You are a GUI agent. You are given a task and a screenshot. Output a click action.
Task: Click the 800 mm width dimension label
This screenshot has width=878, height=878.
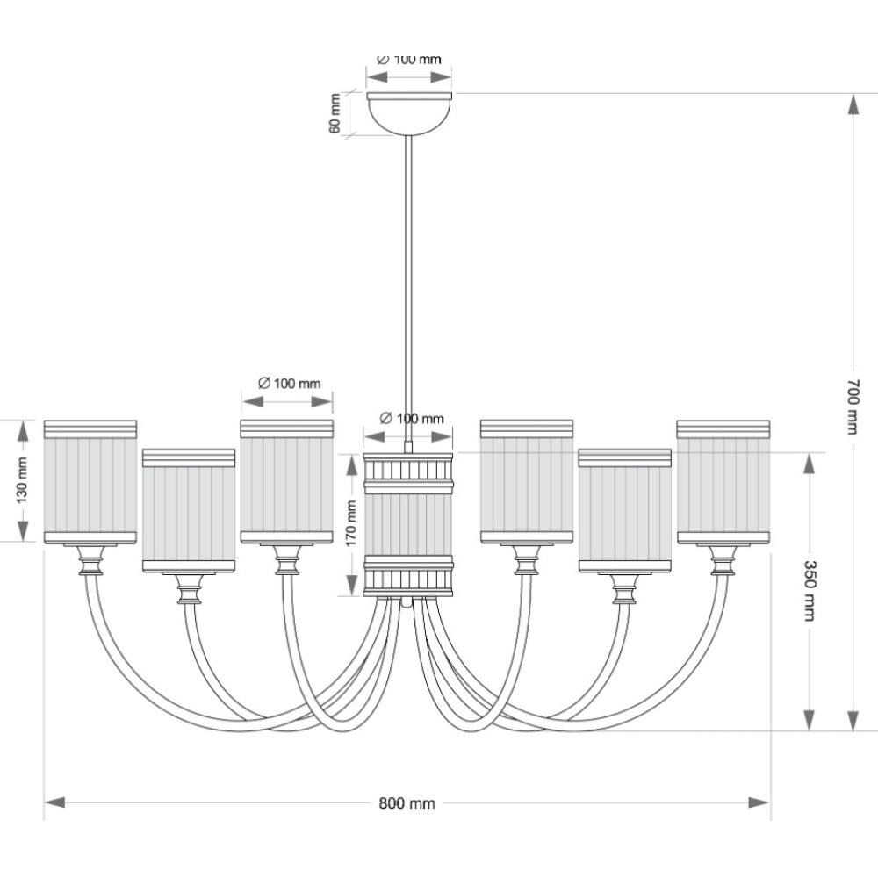tap(407, 802)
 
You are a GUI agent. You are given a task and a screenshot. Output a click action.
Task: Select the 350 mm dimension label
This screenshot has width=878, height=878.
tap(810, 590)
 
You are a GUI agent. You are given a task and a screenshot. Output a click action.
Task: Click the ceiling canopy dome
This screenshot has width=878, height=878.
tap(408, 112)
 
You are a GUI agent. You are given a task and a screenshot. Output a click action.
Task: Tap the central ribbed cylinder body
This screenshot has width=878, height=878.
tap(408, 524)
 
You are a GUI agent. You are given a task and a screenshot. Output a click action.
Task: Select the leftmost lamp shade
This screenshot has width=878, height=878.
tap(90, 482)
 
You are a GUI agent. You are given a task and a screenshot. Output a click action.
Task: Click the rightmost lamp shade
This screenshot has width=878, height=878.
tap(723, 482)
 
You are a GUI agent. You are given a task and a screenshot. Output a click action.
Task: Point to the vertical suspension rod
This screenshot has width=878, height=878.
tap(408, 290)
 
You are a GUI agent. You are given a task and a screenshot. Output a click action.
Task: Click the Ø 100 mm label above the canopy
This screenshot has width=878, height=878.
tap(408, 60)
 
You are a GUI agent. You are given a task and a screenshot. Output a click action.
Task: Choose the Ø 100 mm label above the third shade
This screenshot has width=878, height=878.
tap(290, 384)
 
